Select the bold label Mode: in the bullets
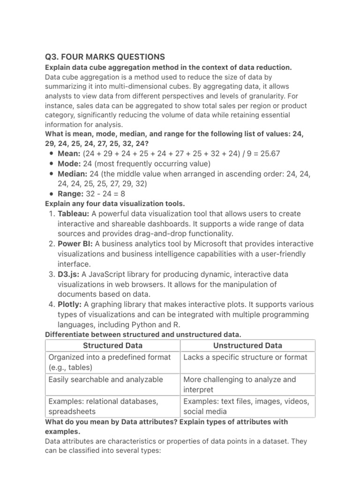click(x=69, y=164)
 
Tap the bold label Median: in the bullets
click(x=73, y=174)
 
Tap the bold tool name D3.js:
click(x=71, y=274)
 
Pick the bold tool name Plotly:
click(x=70, y=305)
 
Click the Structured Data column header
click(x=112, y=345)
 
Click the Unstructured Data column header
click(x=247, y=345)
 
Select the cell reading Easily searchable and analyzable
click(x=106, y=380)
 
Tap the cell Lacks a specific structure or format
click(x=246, y=357)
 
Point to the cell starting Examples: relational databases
click(x=104, y=406)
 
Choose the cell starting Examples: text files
click(x=246, y=406)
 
